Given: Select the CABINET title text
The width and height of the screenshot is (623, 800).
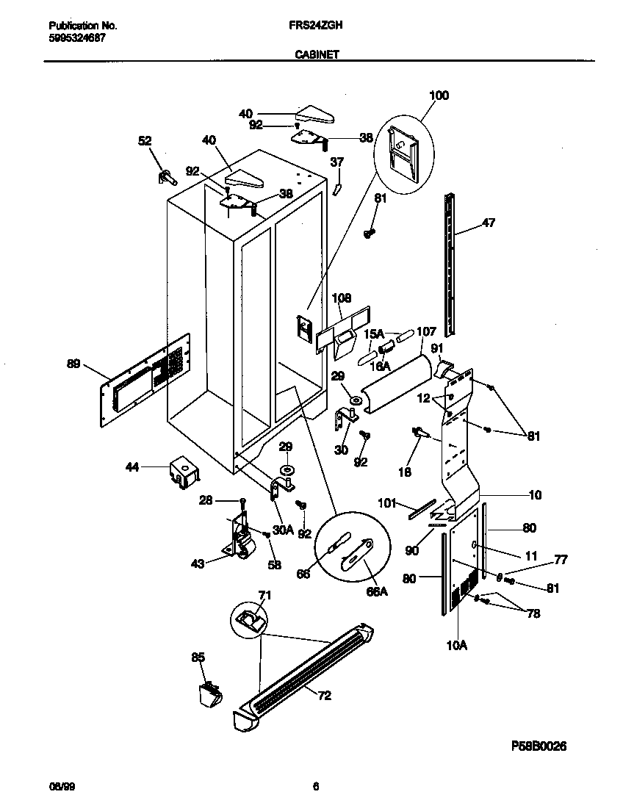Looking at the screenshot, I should (x=317, y=54).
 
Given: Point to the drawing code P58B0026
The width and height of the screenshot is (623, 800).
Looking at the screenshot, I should (x=539, y=746).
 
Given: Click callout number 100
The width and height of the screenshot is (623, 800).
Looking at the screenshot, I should (x=439, y=96).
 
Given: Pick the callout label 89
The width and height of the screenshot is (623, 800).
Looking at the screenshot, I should (x=73, y=363).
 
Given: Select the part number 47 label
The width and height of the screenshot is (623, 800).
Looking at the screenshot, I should (x=488, y=224).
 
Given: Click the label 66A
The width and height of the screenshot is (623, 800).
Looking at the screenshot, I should (x=376, y=592).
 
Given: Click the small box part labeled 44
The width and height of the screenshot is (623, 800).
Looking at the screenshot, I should (x=182, y=471).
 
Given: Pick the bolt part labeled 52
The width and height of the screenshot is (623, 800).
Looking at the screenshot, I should (x=167, y=176).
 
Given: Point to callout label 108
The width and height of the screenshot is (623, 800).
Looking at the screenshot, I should (x=342, y=298).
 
